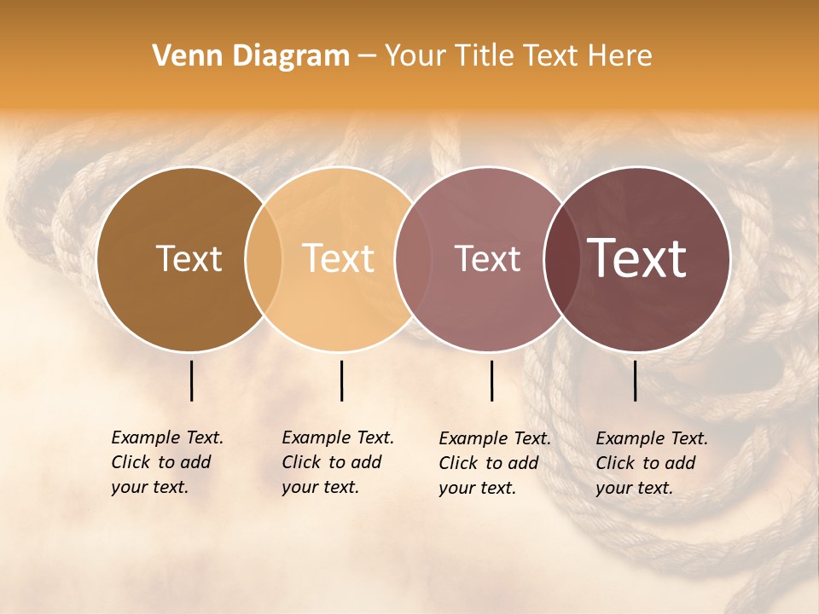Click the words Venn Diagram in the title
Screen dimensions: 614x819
[x=251, y=56]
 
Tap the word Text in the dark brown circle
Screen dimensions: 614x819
[x=189, y=258]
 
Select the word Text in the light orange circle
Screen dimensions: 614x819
[x=339, y=258]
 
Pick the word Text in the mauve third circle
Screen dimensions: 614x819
[x=487, y=258]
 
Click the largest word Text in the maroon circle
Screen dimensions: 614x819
[x=637, y=258]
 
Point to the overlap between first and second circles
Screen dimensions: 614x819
[x=264, y=259]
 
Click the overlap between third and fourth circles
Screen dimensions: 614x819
[x=561, y=259]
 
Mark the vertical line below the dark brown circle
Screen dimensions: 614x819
[x=191, y=380]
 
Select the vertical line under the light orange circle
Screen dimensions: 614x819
[x=341, y=380]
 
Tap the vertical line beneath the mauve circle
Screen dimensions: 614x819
[x=492, y=380]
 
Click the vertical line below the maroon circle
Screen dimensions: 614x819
[x=636, y=380]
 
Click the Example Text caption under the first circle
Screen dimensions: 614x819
[x=166, y=462]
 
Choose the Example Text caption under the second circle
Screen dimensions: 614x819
[x=337, y=462]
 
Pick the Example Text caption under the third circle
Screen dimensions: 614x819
[x=494, y=463]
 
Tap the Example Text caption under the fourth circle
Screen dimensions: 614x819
[x=651, y=463]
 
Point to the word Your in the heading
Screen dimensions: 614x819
[x=415, y=56]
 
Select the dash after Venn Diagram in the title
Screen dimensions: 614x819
[x=367, y=57]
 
